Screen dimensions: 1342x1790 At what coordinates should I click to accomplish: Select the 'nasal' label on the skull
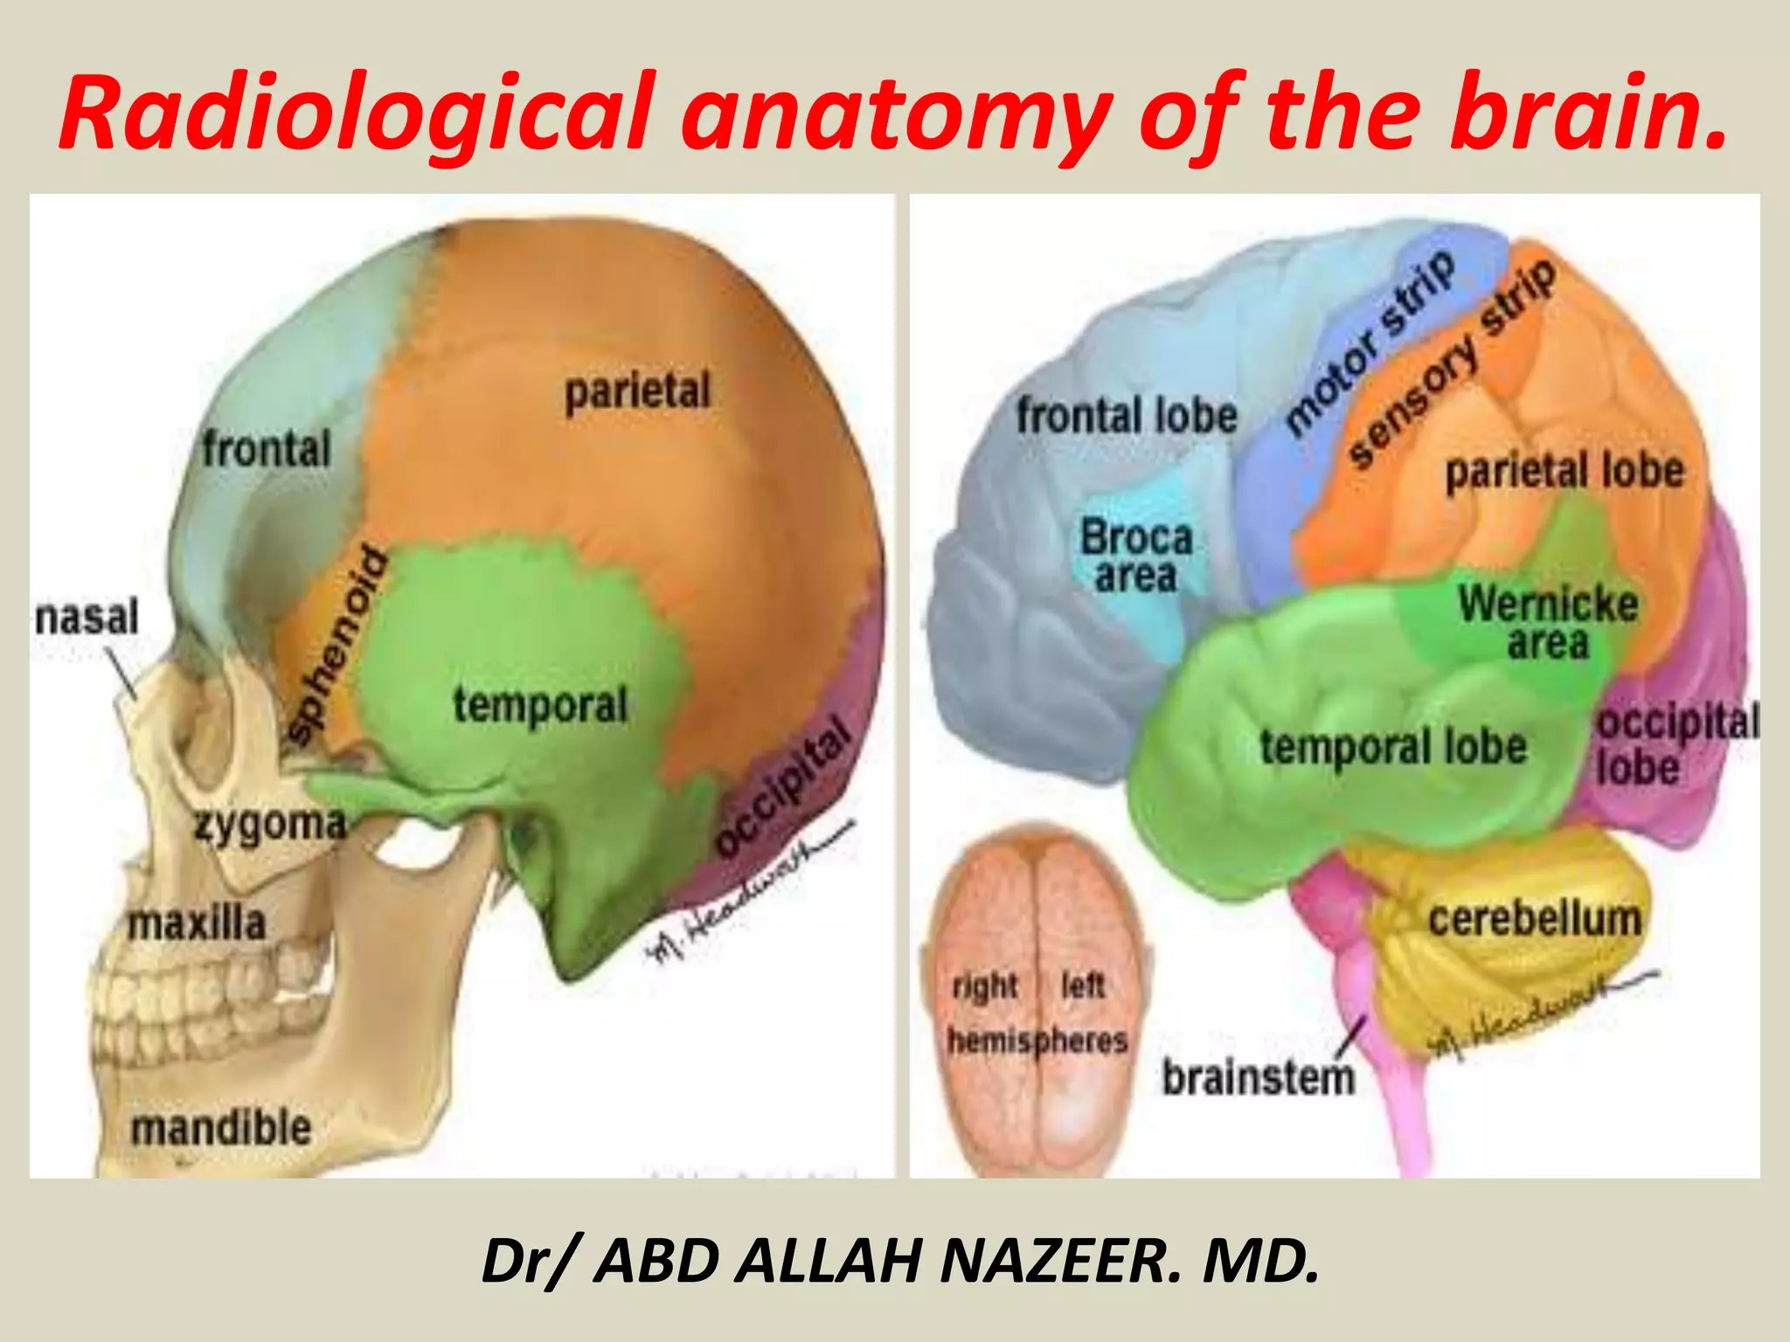(87, 617)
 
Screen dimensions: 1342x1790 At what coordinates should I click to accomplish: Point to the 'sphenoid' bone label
(337, 647)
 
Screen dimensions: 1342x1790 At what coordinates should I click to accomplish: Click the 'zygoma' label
(269, 825)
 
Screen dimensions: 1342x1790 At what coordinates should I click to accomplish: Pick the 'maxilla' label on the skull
(197, 923)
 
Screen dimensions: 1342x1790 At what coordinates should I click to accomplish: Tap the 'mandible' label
(221, 1127)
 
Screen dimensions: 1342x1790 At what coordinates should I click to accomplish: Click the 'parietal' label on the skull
(637, 391)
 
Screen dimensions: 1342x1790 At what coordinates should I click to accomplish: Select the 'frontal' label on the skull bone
(267, 449)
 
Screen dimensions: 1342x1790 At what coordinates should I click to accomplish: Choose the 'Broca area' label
(1136, 556)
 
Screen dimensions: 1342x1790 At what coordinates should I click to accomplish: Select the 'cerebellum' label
(1535, 919)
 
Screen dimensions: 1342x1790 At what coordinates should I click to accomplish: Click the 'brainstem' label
(1258, 1077)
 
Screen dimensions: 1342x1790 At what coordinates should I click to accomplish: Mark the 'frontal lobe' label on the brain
(1127, 415)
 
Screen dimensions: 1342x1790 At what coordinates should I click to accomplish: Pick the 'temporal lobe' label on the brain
(1393, 747)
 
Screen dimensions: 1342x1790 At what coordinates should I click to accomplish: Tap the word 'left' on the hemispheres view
(1083, 986)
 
